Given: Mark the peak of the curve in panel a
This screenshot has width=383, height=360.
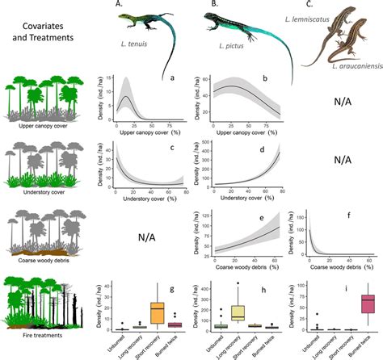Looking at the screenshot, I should coord(125,96).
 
